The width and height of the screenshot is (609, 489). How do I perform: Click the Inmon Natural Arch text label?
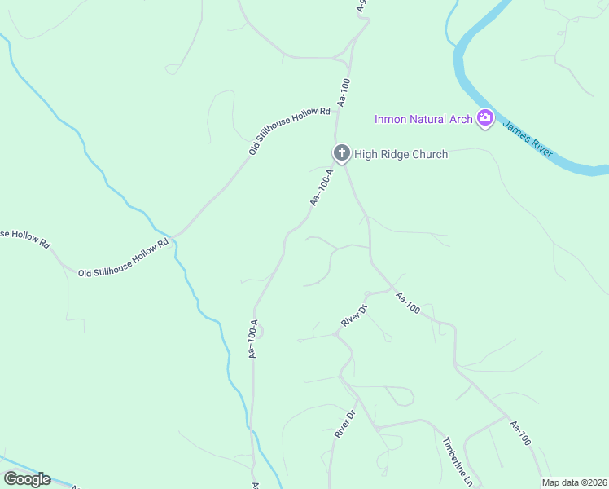point(423,120)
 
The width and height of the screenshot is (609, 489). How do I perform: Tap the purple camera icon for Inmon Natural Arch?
point(485,119)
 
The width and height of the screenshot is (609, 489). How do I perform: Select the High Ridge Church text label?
point(401,154)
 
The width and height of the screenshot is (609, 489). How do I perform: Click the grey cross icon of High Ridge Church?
point(341,152)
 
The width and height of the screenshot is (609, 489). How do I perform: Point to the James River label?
point(528,134)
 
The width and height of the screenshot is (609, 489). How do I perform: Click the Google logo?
point(27,479)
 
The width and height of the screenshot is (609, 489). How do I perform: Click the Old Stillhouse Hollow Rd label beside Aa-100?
point(289,130)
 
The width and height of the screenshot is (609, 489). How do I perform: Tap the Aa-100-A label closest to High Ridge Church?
point(322,187)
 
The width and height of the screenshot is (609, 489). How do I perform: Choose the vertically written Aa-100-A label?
point(253,338)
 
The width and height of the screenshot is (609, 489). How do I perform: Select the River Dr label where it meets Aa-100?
point(355,316)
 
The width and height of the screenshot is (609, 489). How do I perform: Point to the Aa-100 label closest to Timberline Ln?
point(520,433)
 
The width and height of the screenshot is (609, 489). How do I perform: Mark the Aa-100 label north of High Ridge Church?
point(344,92)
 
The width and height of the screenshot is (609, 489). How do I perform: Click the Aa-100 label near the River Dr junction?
point(407,303)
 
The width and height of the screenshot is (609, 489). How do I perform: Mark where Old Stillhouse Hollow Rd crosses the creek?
point(172,238)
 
